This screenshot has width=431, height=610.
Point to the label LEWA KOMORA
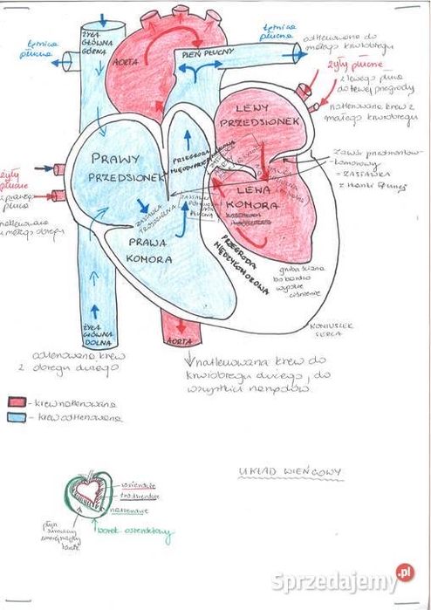tap(250, 197)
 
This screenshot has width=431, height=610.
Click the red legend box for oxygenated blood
tap(18, 403)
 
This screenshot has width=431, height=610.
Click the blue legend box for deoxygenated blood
tap(18, 417)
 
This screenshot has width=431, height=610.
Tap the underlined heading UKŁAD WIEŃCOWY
tap(291, 472)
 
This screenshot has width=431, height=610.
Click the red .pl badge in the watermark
tap(403, 572)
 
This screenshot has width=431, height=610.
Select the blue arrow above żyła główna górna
tap(106, 17)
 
